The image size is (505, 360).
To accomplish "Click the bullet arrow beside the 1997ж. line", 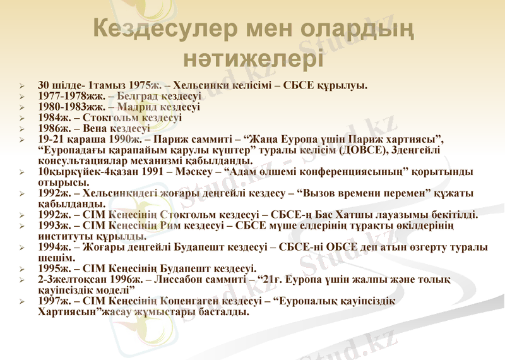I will [21, 302].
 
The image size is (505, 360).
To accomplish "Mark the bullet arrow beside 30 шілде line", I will [21, 85].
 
